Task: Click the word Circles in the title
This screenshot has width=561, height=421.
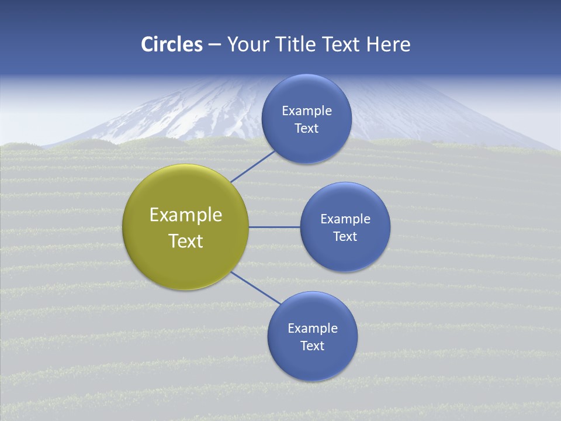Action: point(172,44)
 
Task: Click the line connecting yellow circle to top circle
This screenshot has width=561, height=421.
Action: point(252,166)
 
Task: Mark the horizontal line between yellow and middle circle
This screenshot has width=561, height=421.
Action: point(274,227)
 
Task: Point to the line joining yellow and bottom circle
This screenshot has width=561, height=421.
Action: point(256,288)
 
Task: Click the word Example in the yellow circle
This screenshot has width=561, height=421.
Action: point(186,215)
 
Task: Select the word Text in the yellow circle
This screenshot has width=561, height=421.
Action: point(186,241)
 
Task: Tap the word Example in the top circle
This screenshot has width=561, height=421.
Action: point(307,111)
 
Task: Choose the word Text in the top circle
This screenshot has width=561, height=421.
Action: point(306,128)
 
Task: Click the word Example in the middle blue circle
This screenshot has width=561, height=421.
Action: point(345,219)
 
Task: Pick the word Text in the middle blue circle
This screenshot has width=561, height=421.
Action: point(345,236)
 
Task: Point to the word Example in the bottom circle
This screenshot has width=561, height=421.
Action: point(313,328)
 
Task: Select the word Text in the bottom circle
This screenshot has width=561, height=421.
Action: point(313,346)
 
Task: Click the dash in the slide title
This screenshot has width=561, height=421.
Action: point(214,44)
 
